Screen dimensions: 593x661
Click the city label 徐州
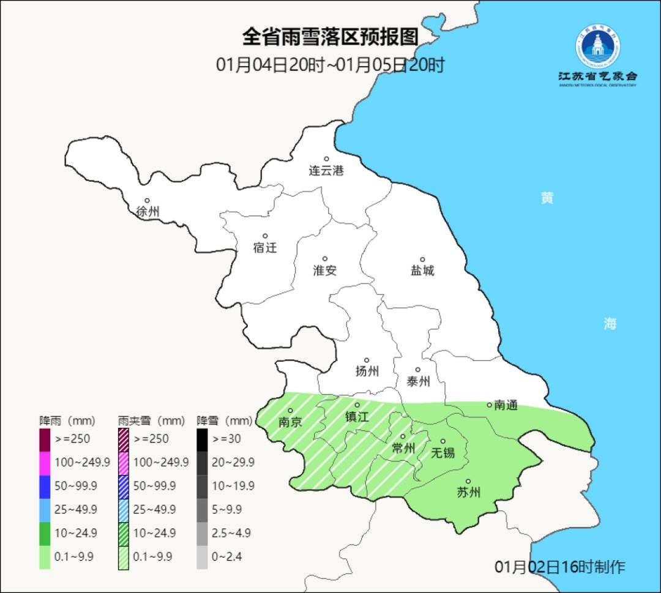point(148,212)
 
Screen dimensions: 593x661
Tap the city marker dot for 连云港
point(326,159)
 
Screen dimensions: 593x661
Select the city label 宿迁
point(265,248)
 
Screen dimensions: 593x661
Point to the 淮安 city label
point(325,270)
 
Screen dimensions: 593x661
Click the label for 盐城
point(422,270)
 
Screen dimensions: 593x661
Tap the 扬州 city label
point(367,371)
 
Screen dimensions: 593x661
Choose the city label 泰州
point(418,381)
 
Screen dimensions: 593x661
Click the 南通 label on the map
point(506,405)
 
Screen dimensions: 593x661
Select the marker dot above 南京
point(291,411)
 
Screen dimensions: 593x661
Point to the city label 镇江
point(357,416)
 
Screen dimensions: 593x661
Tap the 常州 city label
point(403,449)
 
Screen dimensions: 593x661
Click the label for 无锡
point(443,453)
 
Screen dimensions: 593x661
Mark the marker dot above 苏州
point(468,482)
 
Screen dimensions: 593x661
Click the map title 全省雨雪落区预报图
point(330,37)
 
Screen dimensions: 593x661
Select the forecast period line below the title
point(330,65)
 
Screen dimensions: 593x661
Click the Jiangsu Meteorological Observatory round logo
point(597,47)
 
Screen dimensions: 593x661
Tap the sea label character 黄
point(547,198)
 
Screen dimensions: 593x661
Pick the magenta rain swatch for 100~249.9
point(45,463)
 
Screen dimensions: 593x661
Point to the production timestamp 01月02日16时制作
point(559,567)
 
